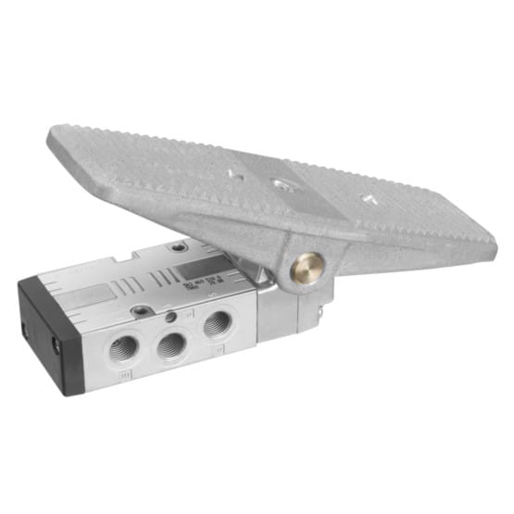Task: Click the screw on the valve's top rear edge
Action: click(179, 247)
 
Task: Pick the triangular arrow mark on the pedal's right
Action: click(368, 198)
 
